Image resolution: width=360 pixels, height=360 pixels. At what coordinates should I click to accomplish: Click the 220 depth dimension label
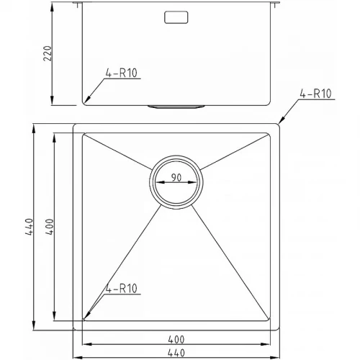point(48,53)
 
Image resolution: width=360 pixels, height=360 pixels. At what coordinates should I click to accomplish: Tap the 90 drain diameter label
point(176,178)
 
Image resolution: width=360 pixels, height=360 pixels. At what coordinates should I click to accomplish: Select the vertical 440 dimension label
point(30,227)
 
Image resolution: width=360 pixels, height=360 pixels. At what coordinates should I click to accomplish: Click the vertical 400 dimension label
point(50,227)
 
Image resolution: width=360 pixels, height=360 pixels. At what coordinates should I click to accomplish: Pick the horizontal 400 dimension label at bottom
point(176,340)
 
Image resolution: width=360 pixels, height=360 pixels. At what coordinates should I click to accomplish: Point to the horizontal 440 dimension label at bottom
point(176,353)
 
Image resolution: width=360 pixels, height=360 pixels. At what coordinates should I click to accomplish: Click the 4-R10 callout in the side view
point(122,73)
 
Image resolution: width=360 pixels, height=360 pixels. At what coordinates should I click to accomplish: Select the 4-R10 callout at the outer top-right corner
point(315,94)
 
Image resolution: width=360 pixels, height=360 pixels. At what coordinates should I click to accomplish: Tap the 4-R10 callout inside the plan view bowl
point(122,288)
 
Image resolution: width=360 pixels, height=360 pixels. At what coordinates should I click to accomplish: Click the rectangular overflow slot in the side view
point(176,17)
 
